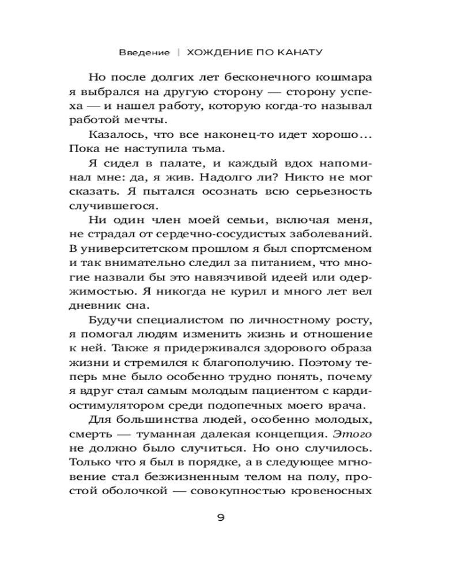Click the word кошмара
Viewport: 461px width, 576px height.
(x=334, y=77)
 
